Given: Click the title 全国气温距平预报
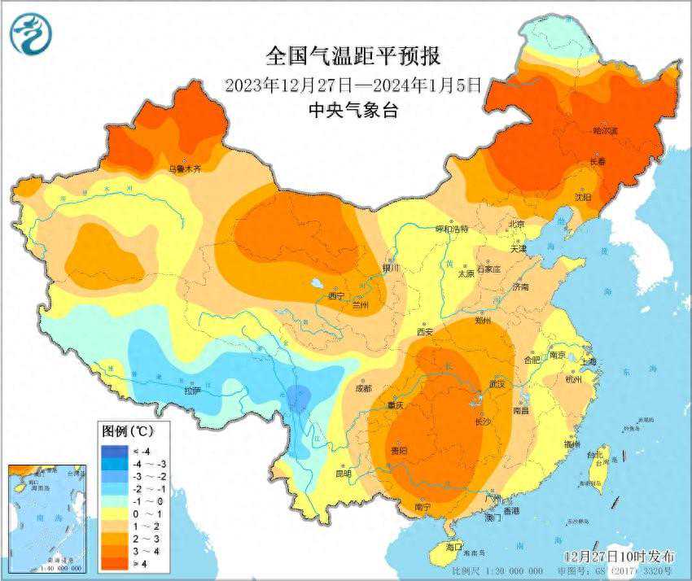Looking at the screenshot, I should pos(353,56).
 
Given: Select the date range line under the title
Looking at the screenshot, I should pos(353,84).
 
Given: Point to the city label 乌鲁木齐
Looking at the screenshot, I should pos(184,168).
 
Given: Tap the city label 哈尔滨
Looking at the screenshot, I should pos(605,130).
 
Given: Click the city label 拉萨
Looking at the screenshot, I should pos(192,391).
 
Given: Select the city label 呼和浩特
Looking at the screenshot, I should pos(452,229).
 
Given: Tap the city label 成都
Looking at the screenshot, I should pos(363,388).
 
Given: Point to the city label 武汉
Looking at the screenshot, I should pos(497,384).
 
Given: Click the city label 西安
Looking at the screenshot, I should pos(425,331).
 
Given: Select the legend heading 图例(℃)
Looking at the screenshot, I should pos(124,430).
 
